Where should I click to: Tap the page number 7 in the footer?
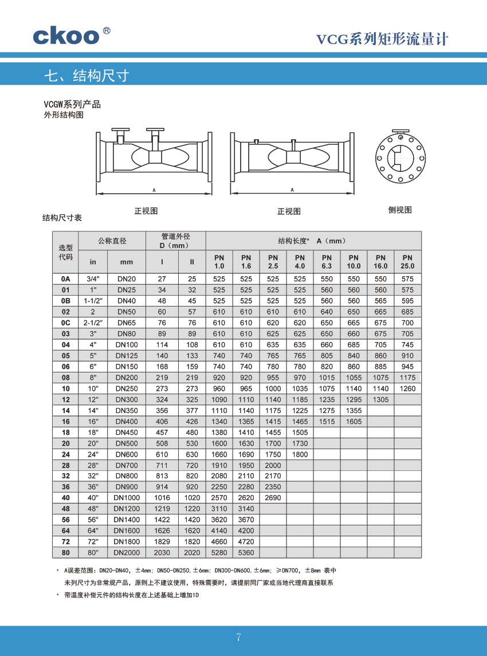(x=239, y=638)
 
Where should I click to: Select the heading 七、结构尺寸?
(x=87, y=76)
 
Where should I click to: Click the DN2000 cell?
(x=127, y=553)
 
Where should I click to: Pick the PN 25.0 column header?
(x=407, y=262)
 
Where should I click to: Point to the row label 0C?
(x=65, y=323)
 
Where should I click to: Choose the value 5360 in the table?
(x=246, y=553)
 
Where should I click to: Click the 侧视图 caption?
(x=400, y=210)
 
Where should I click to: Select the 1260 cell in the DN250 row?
(x=407, y=388)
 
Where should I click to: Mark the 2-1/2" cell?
(x=92, y=323)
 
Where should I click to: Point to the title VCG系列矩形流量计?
(x=382, y=39)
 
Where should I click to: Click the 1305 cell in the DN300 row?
(x=380, y=399)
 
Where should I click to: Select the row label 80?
(x=65, y=553)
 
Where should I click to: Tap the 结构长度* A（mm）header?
(x=312, y=241)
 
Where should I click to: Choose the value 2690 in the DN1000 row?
(x=273, y=498)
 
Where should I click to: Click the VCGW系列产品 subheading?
(x=72, y=104)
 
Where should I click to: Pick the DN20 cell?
(x=127, y=279)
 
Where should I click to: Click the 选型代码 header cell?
(x=65, y=252)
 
